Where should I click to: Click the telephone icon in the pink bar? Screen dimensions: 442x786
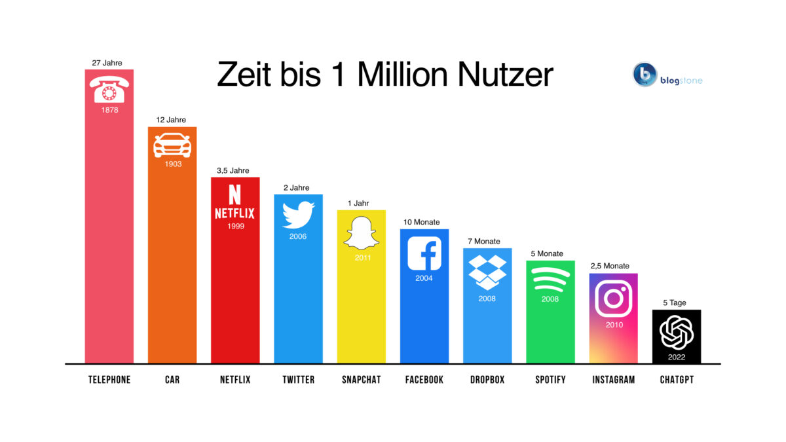coord(109,88)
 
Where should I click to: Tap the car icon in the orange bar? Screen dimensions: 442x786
coord(172,145)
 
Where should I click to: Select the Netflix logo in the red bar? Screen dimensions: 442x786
coord(234,202)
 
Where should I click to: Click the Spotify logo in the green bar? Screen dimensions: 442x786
coord(550,279)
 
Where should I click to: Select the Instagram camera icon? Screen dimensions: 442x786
coord(614,299)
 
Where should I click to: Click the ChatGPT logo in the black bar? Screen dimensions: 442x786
coord(677,333)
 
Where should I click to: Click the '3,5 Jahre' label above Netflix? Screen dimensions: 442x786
coord(233,171)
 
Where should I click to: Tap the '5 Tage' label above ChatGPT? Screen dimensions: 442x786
coord(674,303)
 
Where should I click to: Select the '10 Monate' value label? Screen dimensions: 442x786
coord(422,223)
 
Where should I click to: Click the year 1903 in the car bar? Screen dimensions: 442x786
coord(173,164)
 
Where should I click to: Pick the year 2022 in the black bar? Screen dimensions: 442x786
coord(677,357)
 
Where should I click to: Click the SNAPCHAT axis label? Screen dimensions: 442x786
coord(362,380)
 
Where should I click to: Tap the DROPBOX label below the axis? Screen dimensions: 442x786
coord(487,380)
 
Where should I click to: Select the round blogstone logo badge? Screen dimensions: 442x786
coord(645,75)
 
